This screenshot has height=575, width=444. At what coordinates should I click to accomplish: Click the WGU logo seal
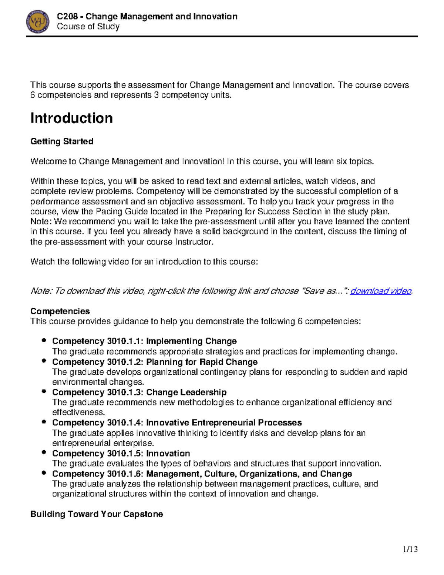(x=38, y=21)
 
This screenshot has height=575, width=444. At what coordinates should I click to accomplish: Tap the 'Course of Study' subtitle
(x=88, y=27)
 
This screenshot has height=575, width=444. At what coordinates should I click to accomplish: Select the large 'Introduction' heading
(x=71, y=118)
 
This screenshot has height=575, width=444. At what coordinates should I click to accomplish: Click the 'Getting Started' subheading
(x=62, y=141)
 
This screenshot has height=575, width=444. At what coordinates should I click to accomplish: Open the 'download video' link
(x=381, y=291)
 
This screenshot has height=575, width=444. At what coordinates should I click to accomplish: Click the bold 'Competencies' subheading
(x=60, y=311)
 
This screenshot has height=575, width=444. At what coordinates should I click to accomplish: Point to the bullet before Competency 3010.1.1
(x=44, y=340)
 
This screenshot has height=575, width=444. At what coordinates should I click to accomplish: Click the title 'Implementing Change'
(x=191, y=341)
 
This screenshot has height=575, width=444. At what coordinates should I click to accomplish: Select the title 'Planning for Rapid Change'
(x=202, y=362)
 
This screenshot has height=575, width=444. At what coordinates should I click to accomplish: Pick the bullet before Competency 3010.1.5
(x=44, y=452)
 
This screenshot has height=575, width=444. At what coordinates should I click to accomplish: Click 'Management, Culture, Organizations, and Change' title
(x=249, y=474)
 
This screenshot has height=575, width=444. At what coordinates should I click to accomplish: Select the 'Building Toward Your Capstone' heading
(x=97, y=514)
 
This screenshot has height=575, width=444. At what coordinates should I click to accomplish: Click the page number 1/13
(x=410, y=549)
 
